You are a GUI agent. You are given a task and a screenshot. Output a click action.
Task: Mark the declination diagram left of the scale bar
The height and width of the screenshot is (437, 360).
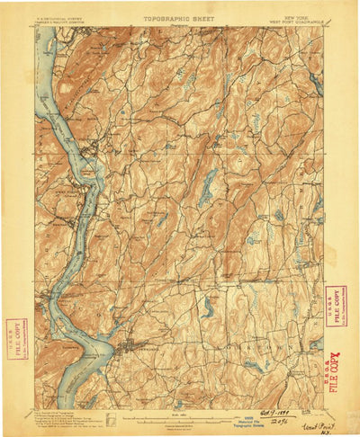click(109, 417)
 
